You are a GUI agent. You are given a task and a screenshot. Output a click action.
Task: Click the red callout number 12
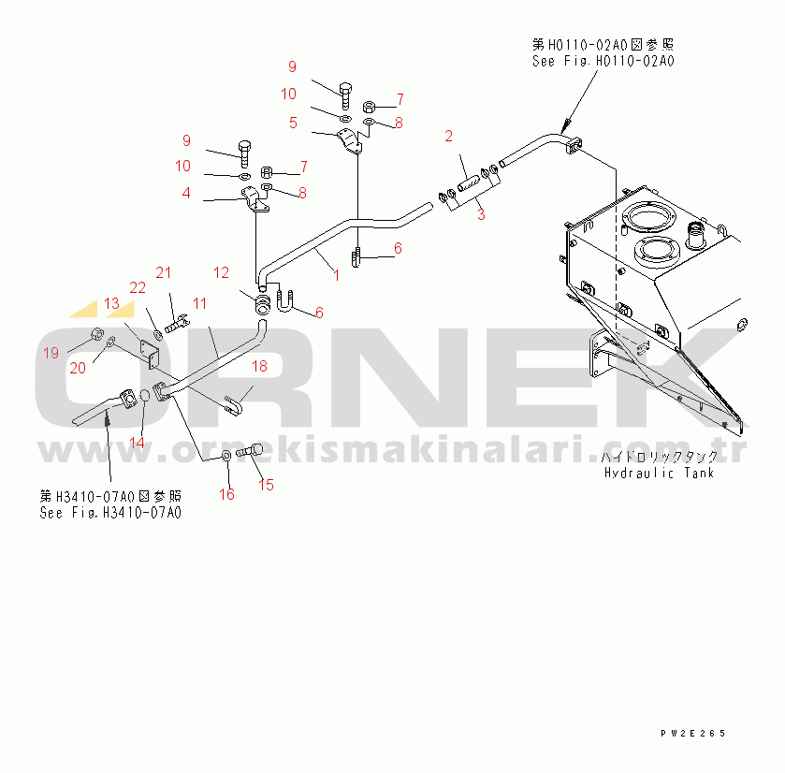[x=221, y=273]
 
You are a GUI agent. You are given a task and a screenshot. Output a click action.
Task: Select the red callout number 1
[x=337, y=275]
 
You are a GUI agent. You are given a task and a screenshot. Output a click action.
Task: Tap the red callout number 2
[x=448, y=137]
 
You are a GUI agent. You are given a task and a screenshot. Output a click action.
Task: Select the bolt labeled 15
[x=249, y=450]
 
